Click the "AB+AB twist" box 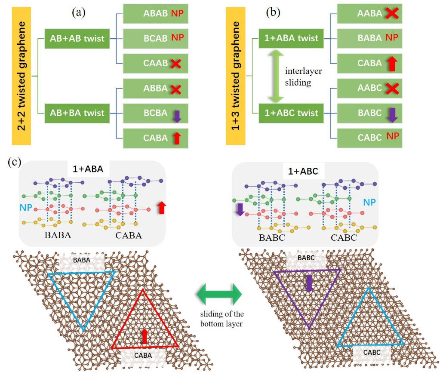coord(77,38)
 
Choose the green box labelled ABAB coord(153,14)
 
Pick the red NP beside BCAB coord(177,38)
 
